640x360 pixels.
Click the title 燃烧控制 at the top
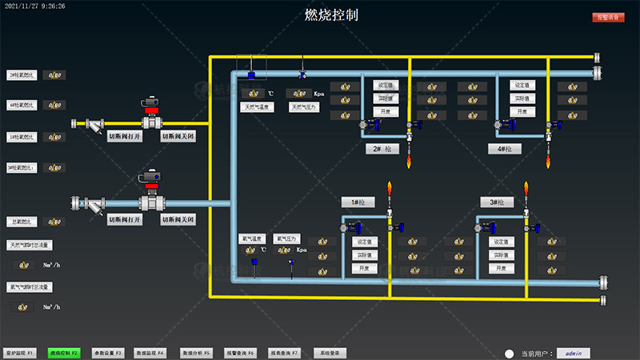coord(331,15)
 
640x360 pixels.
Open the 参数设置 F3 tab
coord(107,352)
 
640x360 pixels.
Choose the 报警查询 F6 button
coord(239,352)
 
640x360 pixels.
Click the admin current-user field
coord(571,352)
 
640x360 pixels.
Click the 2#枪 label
coord(381,149)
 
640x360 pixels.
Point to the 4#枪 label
coord(504,149)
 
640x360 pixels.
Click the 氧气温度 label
coord(253,238)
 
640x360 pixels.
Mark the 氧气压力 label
coord(286,238)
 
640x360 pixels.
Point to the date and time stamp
coord(36,6)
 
